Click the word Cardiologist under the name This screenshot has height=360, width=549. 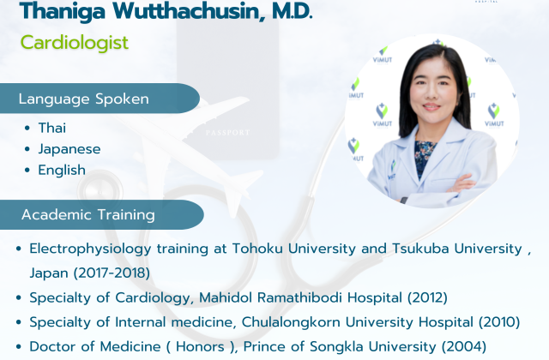pos(75,43)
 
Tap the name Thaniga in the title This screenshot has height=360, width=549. pos(63,11)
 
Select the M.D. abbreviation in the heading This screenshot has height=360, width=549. pos(292,11)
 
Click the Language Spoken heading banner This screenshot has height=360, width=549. pos(100,99)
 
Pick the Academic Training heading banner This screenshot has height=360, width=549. pos(102,214)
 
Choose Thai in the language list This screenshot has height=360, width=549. pos(51,128)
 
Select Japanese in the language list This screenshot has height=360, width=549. pos(69,149)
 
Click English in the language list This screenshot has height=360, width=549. pos(62,171)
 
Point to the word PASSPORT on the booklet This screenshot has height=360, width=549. pos(227,133)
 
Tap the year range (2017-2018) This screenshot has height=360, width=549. pos(112,273)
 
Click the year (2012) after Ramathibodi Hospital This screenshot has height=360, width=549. pos(427,297)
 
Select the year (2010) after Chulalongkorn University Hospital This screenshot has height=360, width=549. pos(499,322)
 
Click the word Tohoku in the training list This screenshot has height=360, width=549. pos(257,249)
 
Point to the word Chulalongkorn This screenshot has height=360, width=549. pos(291,322)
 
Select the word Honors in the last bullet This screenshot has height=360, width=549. pos(200,346)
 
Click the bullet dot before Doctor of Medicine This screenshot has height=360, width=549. pos(19,346)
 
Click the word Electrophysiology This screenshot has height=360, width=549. pos(90,249)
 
